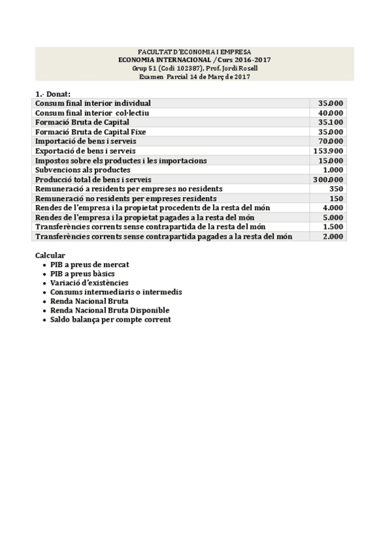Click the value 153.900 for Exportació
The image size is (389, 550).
(331, 150)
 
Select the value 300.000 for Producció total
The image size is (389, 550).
(331, 180)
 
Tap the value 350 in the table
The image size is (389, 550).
(336, 189)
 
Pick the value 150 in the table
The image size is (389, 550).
(336, 198)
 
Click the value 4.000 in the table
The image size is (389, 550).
(333, 208)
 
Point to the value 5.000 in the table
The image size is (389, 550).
(333, 218)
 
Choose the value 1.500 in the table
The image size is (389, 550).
(333, 227)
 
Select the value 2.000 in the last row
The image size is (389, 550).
(333, 237)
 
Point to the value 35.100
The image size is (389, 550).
(331, 122)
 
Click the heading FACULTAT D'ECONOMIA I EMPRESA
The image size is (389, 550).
(195, 52)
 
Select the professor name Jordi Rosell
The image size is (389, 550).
(243, 68)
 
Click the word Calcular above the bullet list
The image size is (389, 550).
(50, 256)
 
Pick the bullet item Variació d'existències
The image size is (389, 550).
(89, 283)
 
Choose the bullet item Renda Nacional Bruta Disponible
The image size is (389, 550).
(110, 311)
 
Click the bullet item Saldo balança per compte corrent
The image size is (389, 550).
(110, 320)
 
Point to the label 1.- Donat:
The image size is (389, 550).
(53, 94)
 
